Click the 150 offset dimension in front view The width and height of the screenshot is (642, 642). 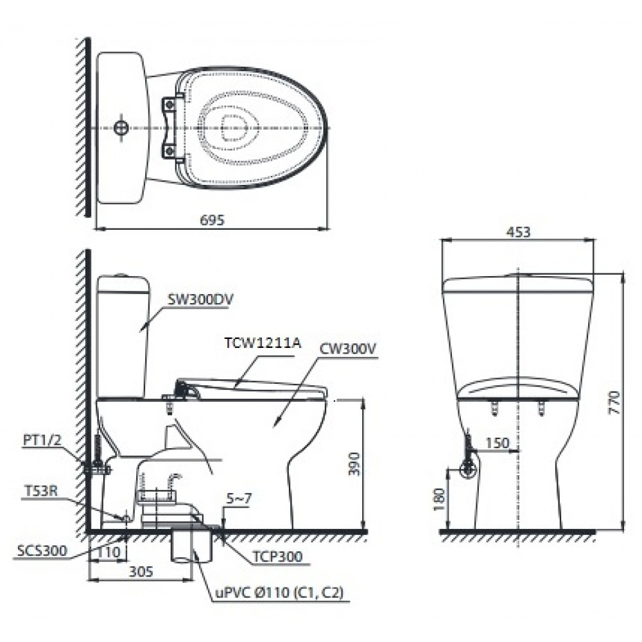point(497,444)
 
